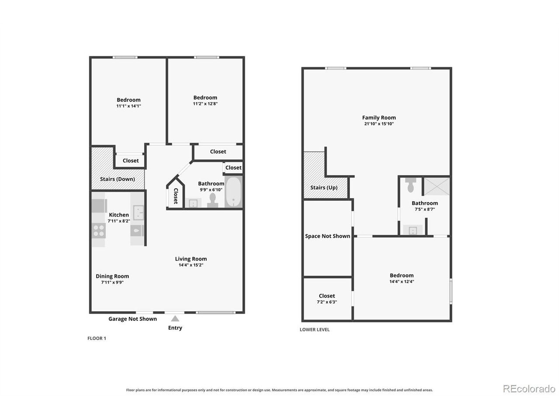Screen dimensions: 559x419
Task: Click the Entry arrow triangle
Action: [175, 319]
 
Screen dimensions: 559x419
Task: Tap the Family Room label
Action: [379, 117]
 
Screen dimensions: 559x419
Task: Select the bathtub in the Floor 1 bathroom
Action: [234, 192]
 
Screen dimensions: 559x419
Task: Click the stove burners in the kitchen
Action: [99, 230]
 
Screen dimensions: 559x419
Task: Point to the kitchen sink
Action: [138, 213]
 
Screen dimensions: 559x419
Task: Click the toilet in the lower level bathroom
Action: [410, 185]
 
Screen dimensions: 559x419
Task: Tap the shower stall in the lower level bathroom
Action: [437, 186]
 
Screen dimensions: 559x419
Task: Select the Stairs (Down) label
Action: [117, 179]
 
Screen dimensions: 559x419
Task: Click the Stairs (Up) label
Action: [324, 188]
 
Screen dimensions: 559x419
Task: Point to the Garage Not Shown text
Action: [133, 319]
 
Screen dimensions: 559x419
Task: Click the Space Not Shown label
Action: [328, 236]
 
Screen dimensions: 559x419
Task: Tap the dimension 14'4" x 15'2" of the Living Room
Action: [191, 265]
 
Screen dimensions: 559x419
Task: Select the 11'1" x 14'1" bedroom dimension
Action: [128, 106]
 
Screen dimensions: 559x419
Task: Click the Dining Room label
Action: [112, 276]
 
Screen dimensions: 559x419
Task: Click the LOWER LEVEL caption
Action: [314, 330]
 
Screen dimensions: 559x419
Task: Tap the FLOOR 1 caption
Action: [97, 338]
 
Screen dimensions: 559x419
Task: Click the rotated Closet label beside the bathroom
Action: [176, 196]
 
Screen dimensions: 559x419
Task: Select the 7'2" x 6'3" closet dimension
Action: [327, 302]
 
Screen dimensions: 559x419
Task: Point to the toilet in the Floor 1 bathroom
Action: [212, 200]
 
